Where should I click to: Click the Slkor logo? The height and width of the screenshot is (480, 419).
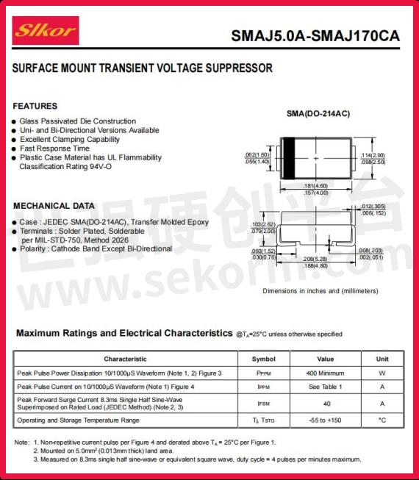(x=46, y=31)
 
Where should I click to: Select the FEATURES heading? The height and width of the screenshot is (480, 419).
(x=35, y=107)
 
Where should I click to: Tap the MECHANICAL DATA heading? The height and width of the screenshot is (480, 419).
(x=54, y=206)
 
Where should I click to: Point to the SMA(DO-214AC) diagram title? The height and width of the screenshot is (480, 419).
(x=318, y=114)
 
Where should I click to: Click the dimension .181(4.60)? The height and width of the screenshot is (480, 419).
(x=317, y=186)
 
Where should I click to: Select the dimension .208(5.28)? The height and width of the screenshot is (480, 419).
(x=315, y=259)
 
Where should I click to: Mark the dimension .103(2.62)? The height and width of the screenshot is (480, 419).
(x=263, y=223)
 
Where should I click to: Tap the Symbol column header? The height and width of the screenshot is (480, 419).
(x=263, y=359)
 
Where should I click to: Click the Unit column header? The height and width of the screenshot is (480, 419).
(x=382, y=359)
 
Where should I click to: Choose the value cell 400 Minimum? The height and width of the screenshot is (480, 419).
(x=325, y=373)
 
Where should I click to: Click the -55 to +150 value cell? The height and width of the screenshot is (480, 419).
(x=325, y=420)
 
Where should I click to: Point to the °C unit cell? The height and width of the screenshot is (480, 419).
(x=382, y=420)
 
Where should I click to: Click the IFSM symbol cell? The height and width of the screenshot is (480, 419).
(x=263, y=404)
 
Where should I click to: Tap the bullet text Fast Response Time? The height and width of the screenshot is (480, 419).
(x=60, y=148)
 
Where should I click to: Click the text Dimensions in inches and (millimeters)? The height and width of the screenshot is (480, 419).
(x=321, y=291)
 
